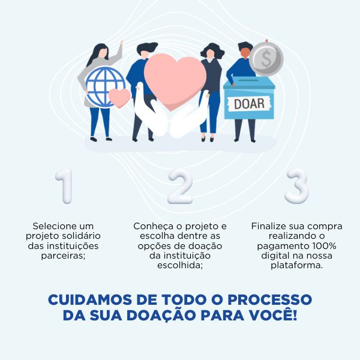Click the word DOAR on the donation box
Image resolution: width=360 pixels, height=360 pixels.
pyautogui.click(x=249, y=104)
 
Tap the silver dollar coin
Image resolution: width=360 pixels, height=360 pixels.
pyautogui.click(x=266, y=59)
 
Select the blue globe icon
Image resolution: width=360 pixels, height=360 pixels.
pyautogui.click(x=106, y=87)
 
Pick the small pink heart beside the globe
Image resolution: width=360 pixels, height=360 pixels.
pyautogui.click(x=119, y=98)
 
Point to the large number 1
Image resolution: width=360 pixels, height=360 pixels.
pyautogui.click(x=64, y=186)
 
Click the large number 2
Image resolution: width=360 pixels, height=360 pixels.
pyautogui.click(x=180, y=186)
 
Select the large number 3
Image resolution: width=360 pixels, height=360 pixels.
pyautogui.click(x=296, y=186)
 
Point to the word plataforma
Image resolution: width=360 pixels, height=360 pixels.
pyautogui.click(x=296, y=266)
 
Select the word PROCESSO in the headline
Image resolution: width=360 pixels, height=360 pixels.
pyautogui.click(x=270, y=299)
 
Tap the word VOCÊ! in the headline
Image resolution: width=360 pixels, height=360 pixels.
pyautogui.click(x=274, y=314)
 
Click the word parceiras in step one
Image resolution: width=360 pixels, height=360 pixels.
pyautogui.click(x=63, y=256)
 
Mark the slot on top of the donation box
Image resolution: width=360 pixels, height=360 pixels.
pyautogui.click(x=248, y=80)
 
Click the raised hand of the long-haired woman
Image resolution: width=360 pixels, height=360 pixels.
pyautogui.click(x=121, y=43)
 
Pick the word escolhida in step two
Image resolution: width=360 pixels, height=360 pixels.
pyautogui.click(x=180, y=265)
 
